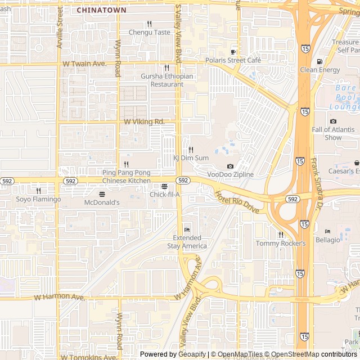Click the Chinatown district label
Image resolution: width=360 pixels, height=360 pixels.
101,10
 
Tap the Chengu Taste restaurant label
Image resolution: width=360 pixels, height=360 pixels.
149,32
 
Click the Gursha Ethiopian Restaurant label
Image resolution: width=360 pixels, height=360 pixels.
167,80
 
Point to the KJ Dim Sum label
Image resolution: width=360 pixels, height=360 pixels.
191,158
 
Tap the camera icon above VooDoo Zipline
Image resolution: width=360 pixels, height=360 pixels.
230,166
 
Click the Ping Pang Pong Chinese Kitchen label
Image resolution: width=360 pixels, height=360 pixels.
127,177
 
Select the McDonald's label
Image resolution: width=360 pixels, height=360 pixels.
102,202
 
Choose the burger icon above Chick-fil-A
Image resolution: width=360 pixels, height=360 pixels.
164,186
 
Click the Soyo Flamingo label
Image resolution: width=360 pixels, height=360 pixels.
38,199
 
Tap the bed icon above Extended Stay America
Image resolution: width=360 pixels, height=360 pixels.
187,229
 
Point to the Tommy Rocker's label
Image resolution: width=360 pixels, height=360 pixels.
281,243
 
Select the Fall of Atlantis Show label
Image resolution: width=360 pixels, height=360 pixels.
334,133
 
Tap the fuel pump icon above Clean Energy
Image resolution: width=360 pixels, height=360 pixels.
319,62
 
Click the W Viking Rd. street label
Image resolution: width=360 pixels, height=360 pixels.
144,121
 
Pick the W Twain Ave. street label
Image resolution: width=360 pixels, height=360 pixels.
84,64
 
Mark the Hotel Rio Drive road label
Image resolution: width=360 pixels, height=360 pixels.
237,202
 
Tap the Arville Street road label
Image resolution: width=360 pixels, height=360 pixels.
60,28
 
